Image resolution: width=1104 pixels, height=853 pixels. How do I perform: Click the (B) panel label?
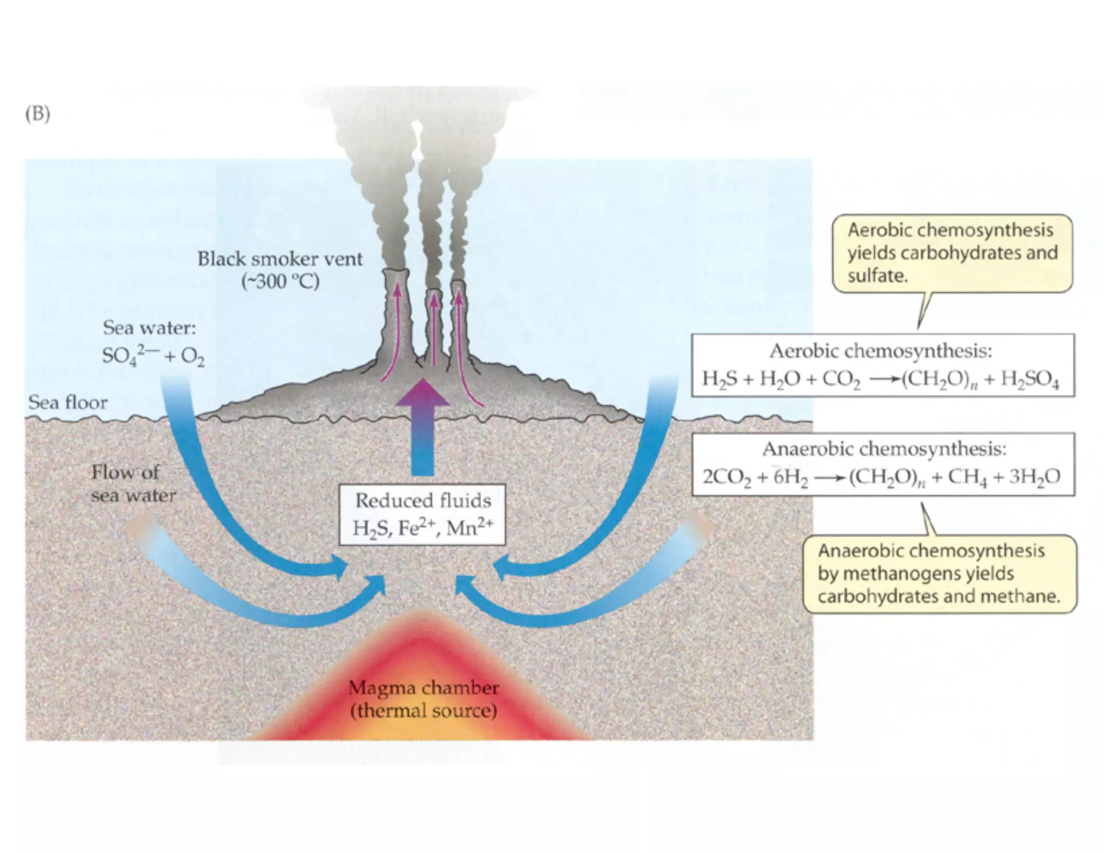coord(37,114)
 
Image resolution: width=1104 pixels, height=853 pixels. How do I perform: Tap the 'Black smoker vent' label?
coord(280,259)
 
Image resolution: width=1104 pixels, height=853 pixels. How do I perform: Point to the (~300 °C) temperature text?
coord(280,282)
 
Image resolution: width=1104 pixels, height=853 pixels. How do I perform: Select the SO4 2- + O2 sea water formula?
coord(153,356)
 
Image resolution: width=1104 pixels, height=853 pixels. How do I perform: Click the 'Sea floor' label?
coord(67,402)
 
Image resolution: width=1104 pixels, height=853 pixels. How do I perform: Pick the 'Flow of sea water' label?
coord(132,484)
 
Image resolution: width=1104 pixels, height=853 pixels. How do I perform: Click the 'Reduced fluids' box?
coord(422,514)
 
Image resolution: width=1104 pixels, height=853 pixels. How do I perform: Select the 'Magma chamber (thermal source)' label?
coord(423,699)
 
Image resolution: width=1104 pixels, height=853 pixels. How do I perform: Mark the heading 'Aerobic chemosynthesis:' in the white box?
coord(881,352)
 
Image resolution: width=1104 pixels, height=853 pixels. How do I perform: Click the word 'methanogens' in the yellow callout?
coord(902,574)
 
